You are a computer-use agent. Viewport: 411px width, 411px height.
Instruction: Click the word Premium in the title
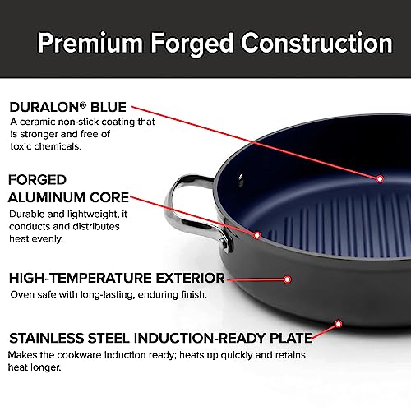(x=90, y=43)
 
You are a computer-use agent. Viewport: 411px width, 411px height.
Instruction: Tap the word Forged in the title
(x=192, y=44)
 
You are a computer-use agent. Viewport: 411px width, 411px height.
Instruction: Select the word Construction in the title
(x=316, y=43)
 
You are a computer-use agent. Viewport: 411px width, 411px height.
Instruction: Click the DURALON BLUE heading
(x=67, y=107)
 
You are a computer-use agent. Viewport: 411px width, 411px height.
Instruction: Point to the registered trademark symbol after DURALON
(x=83, y=104)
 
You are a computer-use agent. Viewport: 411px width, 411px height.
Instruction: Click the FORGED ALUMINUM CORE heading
(x=68, y=188)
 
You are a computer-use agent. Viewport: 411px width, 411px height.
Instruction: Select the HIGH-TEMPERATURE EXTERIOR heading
(x=117, y=278)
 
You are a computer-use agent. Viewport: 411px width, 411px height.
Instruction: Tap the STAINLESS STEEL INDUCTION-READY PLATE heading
(x=161, y=338)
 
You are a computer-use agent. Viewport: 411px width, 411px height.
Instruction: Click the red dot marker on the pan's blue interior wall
(x=380, y=179)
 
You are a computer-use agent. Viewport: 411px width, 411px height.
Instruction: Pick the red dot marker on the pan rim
(x=257, y=235)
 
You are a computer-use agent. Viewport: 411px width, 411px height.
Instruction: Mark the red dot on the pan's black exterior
(x=287, y=279)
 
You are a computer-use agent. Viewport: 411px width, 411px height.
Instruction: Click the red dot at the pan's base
(x=339, y=324)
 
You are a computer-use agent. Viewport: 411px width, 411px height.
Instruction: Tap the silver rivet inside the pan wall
(x=241, y=180)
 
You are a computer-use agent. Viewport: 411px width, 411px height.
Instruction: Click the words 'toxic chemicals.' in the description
(x=45, y=146)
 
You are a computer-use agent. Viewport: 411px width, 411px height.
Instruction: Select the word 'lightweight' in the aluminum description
(x=92, y=214)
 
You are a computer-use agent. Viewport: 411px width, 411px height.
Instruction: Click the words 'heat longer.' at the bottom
(x=35, y=367)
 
